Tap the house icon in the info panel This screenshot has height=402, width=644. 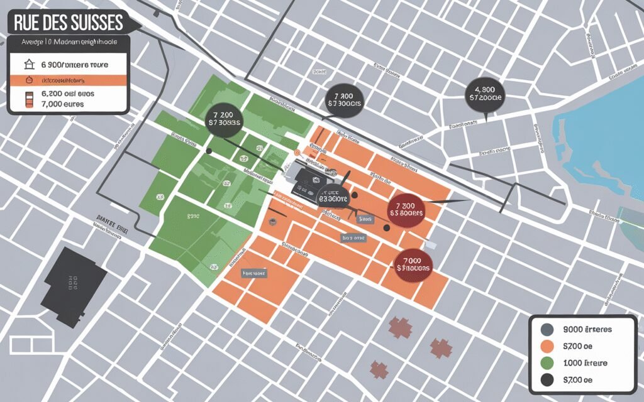click(27, 64)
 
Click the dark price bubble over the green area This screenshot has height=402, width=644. click(224, 119)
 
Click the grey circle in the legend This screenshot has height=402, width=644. click(547, 329)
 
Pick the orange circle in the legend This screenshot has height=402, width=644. click(547, 346)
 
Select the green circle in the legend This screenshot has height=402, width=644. click(547, 363)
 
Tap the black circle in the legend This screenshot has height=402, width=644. click(547, 379)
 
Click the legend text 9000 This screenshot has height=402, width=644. click(587, 329)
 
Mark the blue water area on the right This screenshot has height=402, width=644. click(604, 144)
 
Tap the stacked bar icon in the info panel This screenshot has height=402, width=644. click(27, 99)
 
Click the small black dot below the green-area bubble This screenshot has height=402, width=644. click(209, 151)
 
